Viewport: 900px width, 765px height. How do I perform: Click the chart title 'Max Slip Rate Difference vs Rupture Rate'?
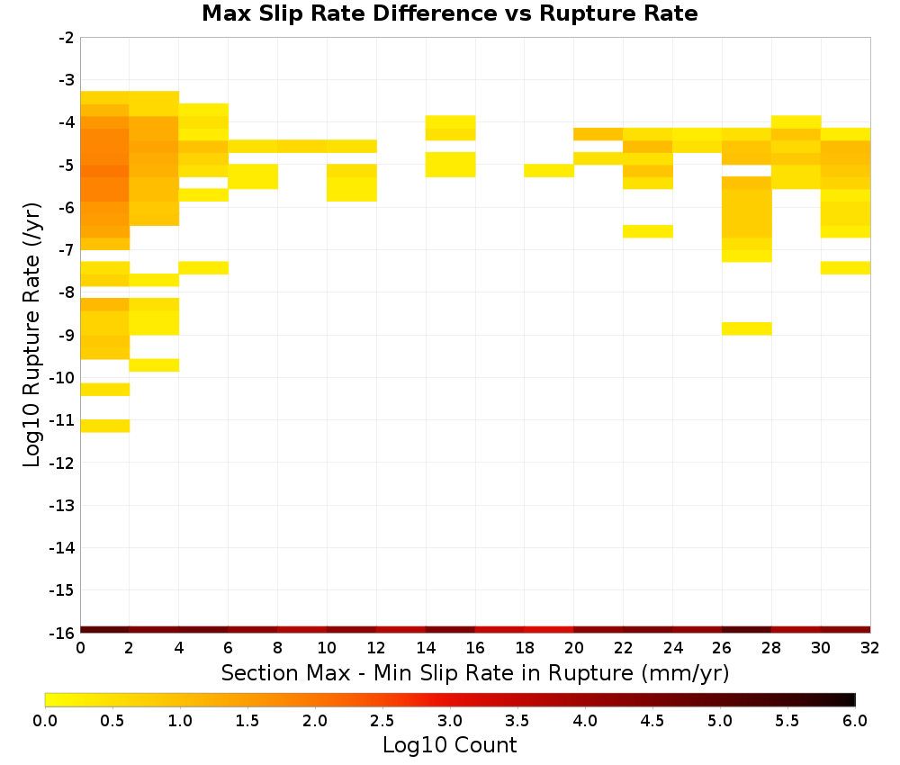pos(449,13)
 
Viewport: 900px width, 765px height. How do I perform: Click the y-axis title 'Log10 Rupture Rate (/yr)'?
pos(31,335)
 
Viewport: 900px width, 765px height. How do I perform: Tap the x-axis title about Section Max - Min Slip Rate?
pos(475,672)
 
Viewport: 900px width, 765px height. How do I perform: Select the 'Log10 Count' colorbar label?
pos(449,745)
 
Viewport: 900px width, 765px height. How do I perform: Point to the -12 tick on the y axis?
pos(62,463)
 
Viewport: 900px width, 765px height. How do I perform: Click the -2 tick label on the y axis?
pos(67,38)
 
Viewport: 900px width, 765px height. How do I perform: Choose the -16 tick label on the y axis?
pos(62,633)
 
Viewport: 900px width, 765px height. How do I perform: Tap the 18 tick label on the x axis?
pos(525,648)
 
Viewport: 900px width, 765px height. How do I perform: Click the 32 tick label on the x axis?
pos(870,648)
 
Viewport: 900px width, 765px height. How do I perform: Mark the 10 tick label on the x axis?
pos(327,648)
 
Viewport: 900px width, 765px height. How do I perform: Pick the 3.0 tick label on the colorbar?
pos(450,720)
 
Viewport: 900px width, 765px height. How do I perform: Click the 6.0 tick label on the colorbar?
pos(855,720)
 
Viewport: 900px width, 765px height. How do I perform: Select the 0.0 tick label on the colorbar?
pos(45,720)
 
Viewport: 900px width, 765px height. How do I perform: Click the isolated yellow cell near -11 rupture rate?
pos(105,426)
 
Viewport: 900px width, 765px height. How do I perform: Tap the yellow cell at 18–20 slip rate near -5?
pos(549,170)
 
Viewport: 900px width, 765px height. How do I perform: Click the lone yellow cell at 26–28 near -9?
pos(746,328)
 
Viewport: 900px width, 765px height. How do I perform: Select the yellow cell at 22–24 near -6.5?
pos(647,231)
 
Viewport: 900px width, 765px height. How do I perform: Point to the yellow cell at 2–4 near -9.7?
pos(155,365)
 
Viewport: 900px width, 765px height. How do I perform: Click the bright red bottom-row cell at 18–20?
pos(549,630)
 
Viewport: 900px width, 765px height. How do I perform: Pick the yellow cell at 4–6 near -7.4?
pos(203,267)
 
